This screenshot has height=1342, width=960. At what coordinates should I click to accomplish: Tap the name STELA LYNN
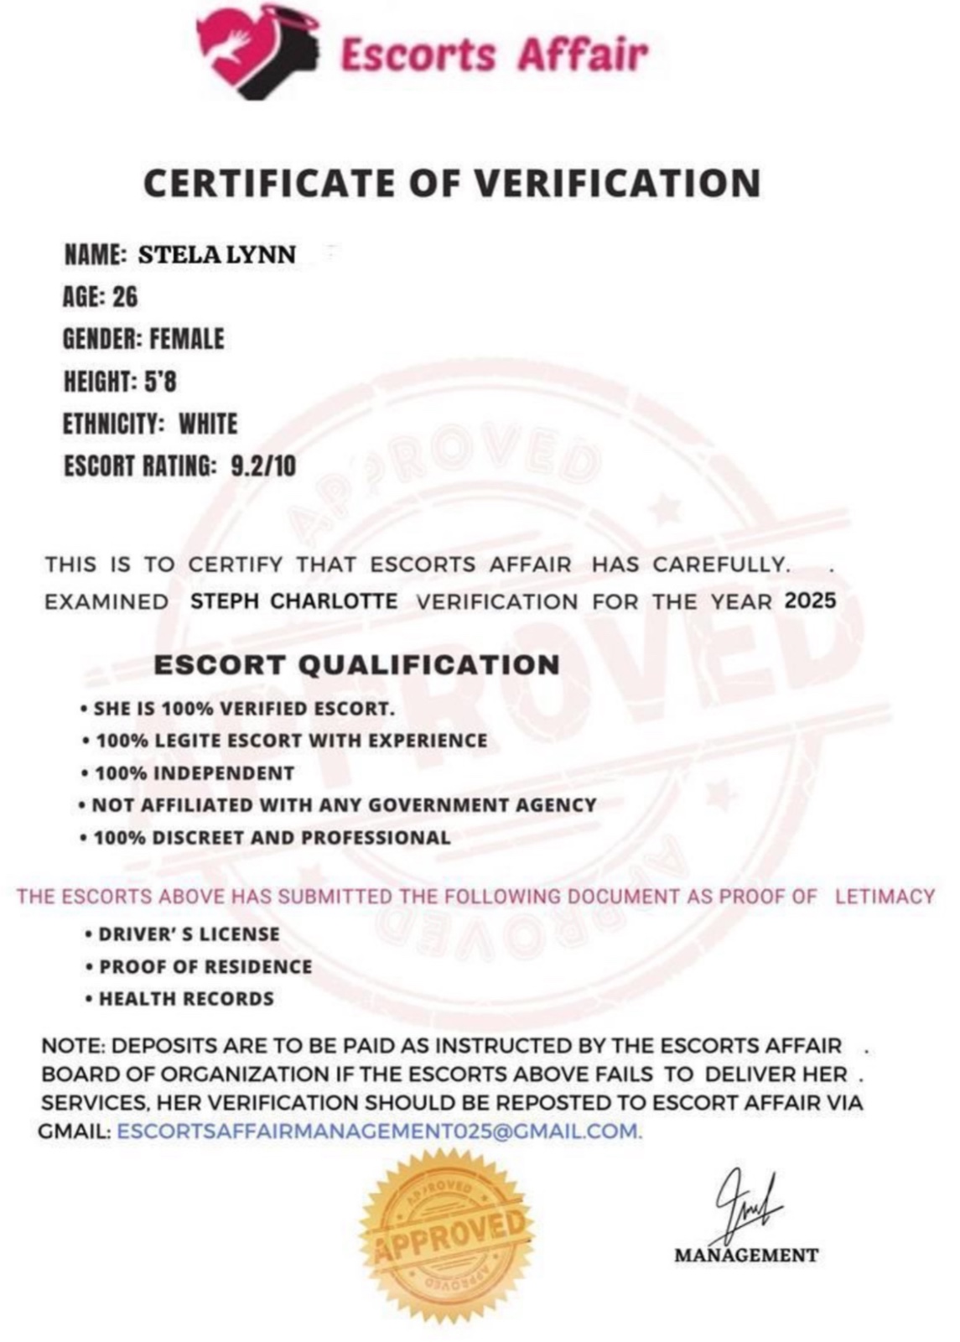(x=216, y=254)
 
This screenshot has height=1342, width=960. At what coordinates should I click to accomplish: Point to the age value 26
(x=125, y=297)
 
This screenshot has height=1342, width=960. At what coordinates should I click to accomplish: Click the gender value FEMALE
(x=187, y=339)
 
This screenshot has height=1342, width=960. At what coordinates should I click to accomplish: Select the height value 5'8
(x=160, y=382)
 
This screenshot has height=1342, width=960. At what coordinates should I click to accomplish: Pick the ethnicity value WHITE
(x=208, y=424)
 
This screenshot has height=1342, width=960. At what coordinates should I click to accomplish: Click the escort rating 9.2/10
(x=262, y=466)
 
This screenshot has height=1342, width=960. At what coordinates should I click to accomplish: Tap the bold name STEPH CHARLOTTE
(x=294, y=601)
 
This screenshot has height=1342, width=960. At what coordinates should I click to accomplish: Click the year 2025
(x=810, y=601)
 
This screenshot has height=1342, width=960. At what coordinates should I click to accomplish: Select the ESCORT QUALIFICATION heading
(x=356, y=665)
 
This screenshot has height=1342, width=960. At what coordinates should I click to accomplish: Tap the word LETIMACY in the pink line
(x=884, y=896)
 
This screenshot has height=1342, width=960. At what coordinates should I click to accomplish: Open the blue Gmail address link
(x=379, y=1131)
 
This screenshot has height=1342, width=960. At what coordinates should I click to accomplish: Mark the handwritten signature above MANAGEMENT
(x=744, y=1207)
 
